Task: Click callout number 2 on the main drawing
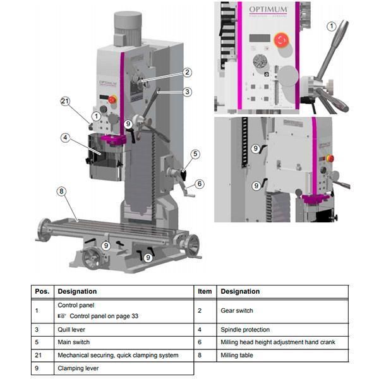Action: point(187,72)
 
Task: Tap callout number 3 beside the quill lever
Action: point(187,92)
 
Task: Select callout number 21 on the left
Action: point(66,101)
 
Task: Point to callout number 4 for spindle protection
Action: point(65,137)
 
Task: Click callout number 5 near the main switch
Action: point(195,153)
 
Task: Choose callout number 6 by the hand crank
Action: point(200,184)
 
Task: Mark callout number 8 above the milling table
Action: point(61,191)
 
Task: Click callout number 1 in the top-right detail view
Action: point(332,26)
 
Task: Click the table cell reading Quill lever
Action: point(71,329)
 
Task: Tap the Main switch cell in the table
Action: point(73,342)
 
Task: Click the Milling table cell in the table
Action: point(238,355)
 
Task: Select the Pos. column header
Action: point(42,291)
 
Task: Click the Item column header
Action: point(205,291)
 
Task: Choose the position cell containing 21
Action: point(39,355)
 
